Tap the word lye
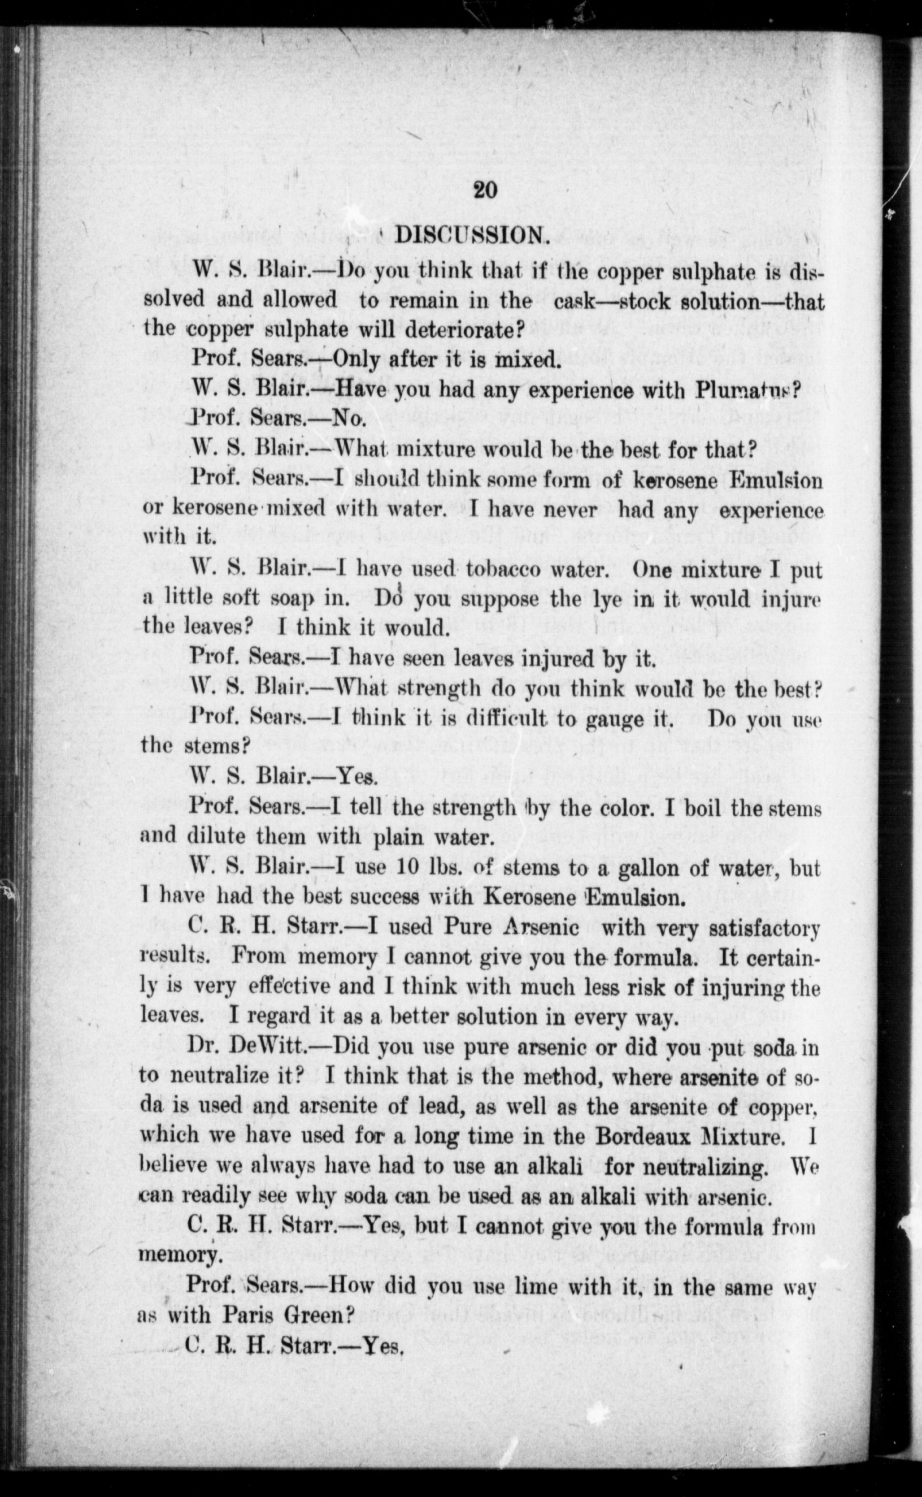[x=607, y=599]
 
